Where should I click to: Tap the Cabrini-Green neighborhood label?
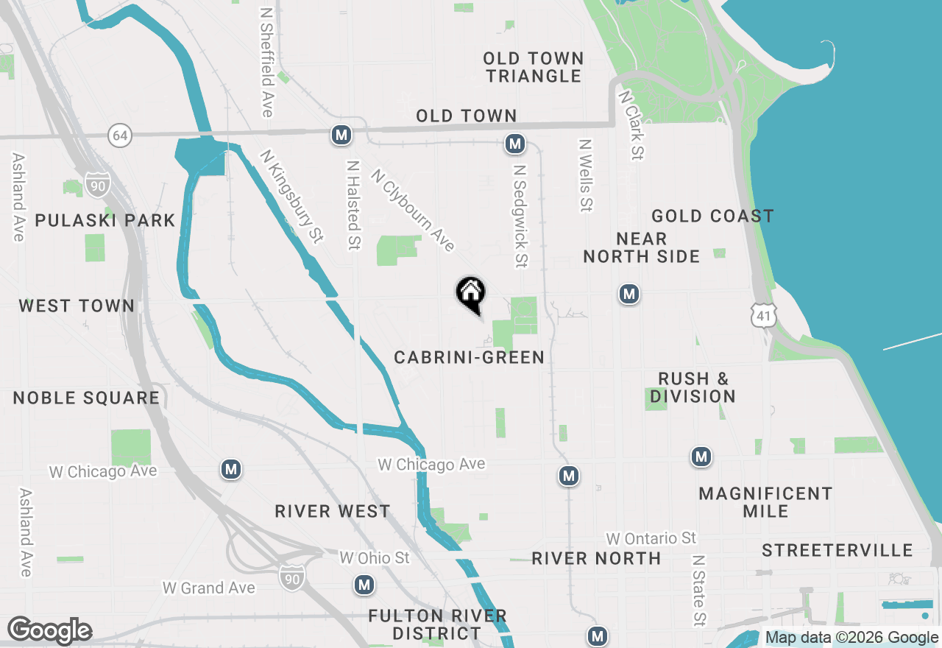pos(470,358)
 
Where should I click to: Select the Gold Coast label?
pos(712,216)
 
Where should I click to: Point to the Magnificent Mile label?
pos(765,502)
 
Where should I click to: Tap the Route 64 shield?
pos(120,135)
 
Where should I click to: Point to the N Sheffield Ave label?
pos(267,63)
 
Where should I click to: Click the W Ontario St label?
pos(651,539)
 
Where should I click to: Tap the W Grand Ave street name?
pos(209,588)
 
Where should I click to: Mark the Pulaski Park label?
pos(105,221)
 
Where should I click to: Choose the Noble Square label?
pos(86,398)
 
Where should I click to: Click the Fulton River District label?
pos(438,624)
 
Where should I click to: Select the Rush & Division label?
pos(693,388)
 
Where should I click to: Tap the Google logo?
pos(49,630)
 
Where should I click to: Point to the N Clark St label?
pos(632,125)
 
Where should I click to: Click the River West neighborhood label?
pos(333,512)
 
